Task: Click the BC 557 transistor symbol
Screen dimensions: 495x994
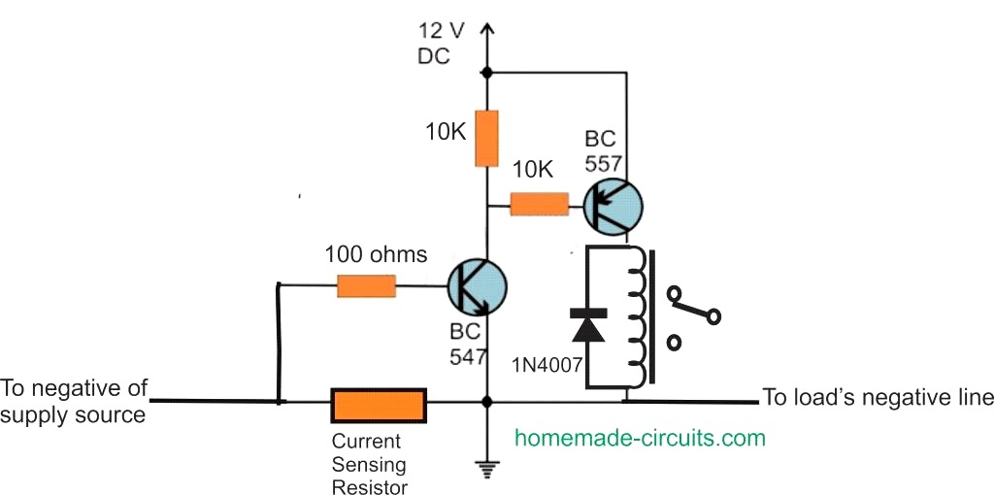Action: (x=613, y=205)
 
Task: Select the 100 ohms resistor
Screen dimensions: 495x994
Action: (x=367, y=285)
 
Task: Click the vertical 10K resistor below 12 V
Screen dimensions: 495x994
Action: (x=486, y=138)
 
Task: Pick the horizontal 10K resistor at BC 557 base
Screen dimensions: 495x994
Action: (x=539, y=204)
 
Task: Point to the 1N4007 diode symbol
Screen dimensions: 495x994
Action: (x=587, y=326)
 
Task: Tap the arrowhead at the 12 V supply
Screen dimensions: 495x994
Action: (x=486, y=35)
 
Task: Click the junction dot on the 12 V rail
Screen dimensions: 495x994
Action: (x=486, y=72)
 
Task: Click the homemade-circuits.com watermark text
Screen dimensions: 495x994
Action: (x=640, y=438)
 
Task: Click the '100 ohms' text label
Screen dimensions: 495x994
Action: (x=376, y=255)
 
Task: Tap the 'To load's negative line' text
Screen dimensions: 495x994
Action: (x=878, y=397)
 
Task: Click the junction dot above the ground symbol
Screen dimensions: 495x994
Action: (x=486, y=402)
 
